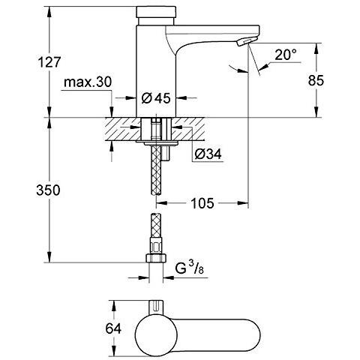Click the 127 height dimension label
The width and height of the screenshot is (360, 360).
pos(49,61)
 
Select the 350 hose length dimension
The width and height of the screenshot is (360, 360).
pos(48,190)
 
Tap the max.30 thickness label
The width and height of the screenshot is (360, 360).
pos(88,82)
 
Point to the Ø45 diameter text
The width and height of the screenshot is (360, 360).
pos(156,98)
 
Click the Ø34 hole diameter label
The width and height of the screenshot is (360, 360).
pos(208,154)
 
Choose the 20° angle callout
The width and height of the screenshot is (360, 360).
pos(285,55)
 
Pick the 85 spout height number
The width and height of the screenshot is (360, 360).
pos(316,80)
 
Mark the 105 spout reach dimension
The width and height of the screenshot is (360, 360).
pos(202,203)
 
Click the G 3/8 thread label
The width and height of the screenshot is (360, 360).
pos(190,269)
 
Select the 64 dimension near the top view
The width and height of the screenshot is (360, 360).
pos(113,328)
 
